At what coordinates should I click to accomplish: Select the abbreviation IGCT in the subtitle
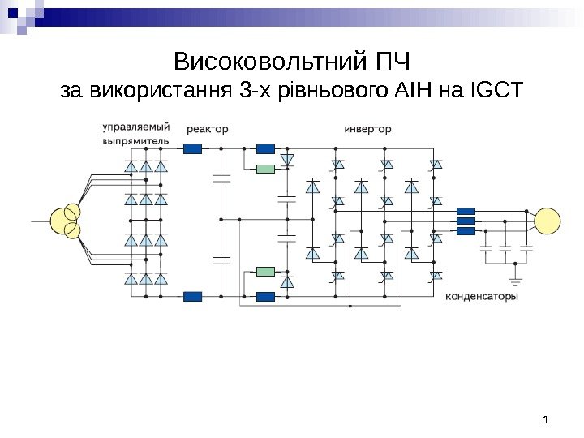point(496,89)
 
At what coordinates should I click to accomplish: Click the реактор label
point(208,128)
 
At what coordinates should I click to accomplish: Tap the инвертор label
point(367,128)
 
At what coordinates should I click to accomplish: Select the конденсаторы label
point(482,296)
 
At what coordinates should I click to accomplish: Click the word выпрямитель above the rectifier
point(136,140)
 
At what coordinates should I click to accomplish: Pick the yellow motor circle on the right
point(546,221)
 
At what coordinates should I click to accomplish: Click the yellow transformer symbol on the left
point(66,221)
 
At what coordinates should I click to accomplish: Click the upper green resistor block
point(266,169)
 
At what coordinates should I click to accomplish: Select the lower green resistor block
point(266,271)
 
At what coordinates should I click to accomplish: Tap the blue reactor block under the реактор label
point(193,148)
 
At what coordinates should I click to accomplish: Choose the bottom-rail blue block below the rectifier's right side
point(193,296)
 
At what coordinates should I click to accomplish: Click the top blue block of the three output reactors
point(466,210)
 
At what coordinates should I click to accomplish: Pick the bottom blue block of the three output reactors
point(466,230)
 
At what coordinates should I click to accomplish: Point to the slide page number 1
point(546,419)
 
